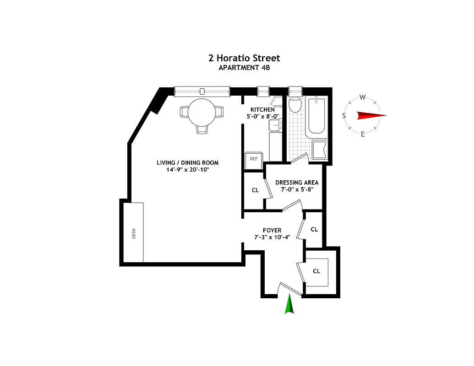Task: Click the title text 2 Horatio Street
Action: coord(243,58)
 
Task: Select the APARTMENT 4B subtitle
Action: coord(243,68)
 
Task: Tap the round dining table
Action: coord(202,112)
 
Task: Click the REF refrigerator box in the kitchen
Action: coord(253,158)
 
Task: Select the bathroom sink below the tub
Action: coord(319,150)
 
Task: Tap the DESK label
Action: coord(134,234)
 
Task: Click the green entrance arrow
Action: coord(289,305)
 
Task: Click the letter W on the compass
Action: coord(362,97)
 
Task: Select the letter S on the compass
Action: coord(344,116)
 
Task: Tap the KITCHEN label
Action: coord(262,110)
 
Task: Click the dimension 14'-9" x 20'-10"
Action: coord(188,170)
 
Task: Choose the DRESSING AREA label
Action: coord(297,183)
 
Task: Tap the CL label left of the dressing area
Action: coord(255,190)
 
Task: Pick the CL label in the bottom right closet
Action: coord(316,271)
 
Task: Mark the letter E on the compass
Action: coord(362,134)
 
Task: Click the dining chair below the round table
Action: coord(202,129)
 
